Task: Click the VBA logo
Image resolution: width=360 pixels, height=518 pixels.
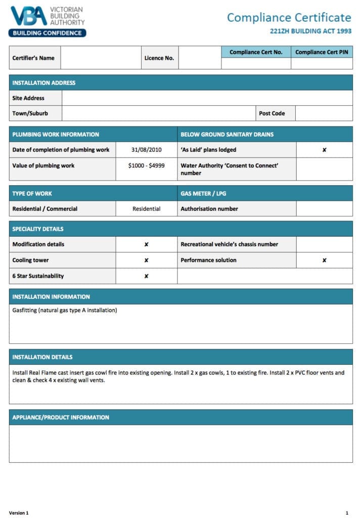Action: click(x=47, y=21)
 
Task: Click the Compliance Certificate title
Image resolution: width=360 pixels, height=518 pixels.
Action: click(x=289, y=18)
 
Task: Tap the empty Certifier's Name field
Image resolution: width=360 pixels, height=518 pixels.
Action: click(x=101, y=58)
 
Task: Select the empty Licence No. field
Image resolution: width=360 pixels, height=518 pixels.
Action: click(x=200, y=58)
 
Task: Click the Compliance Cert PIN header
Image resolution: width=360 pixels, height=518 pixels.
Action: click(x=322, y=52)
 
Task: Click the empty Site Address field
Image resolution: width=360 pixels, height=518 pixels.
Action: click(x=207, y=98)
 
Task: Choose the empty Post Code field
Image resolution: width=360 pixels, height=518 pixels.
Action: click(x=324, y=113)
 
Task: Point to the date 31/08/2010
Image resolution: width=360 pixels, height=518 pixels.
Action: click(x=146, y=150)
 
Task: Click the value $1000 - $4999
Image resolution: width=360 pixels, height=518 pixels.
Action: click(x=146, y=165)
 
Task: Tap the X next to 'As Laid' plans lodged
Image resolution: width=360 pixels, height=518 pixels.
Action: click(x=324, y=150)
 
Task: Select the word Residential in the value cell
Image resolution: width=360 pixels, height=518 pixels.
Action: click(x=146, y=209)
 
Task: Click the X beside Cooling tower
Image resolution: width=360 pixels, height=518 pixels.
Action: click(x=146, y=261)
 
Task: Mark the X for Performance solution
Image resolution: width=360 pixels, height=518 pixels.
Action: click(x=324, y=261)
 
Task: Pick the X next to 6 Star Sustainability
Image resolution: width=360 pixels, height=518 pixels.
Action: click(x=146, y=276)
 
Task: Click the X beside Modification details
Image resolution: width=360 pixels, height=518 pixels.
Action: click(x=146, y=244)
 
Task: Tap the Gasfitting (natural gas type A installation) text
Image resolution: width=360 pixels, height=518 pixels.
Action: click(x=65, y=310)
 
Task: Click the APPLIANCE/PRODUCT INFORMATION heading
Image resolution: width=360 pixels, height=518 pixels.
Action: click(x=61, y=417)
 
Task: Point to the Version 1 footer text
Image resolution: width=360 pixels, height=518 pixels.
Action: click(x=19, y=512)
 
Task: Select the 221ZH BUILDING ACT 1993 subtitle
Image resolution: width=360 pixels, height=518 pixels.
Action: click(x=310, y=31)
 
